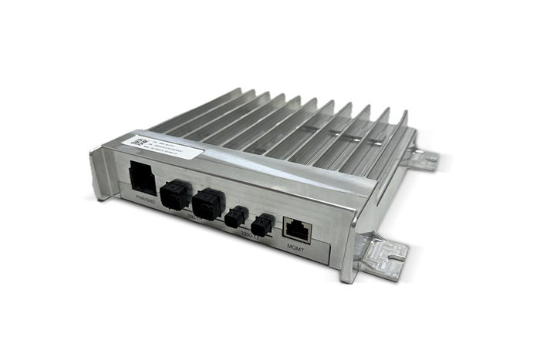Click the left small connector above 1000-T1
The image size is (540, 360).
click(x=236, y=216)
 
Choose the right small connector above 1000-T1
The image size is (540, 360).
click(x=263, y=224)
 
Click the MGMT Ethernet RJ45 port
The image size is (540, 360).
click(x=297, y=227)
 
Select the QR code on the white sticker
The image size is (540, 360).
click(x=139, y=144)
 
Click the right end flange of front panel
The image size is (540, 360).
click(x=349, y=247)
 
